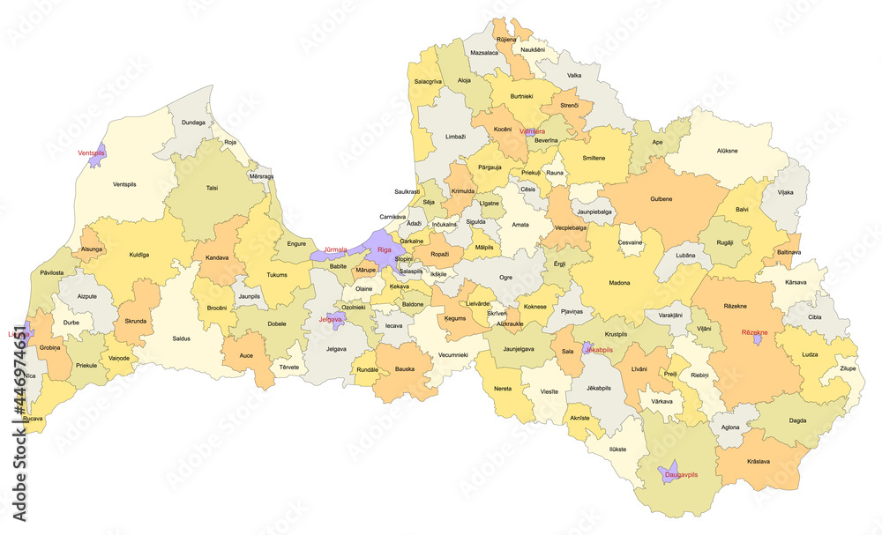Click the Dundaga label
click(193, 123)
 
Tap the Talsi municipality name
click(212, 188)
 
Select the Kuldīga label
click(138, 255)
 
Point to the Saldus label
click(182, 338)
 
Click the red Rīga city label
click(384, 250)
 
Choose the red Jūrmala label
click(336, 249)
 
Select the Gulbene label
click(661, 199)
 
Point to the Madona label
click(620, 284)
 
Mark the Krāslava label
click(757, 461)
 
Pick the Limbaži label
click(455, 137)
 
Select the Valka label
click(574, 76)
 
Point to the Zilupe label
click(848, 368)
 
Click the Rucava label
click(34, 419)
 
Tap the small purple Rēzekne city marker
click(756, 340)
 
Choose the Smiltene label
click(594, 156)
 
